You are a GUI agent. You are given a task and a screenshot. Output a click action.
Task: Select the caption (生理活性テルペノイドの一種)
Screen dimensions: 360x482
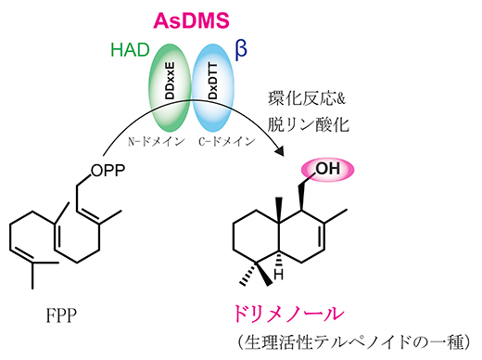355,339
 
